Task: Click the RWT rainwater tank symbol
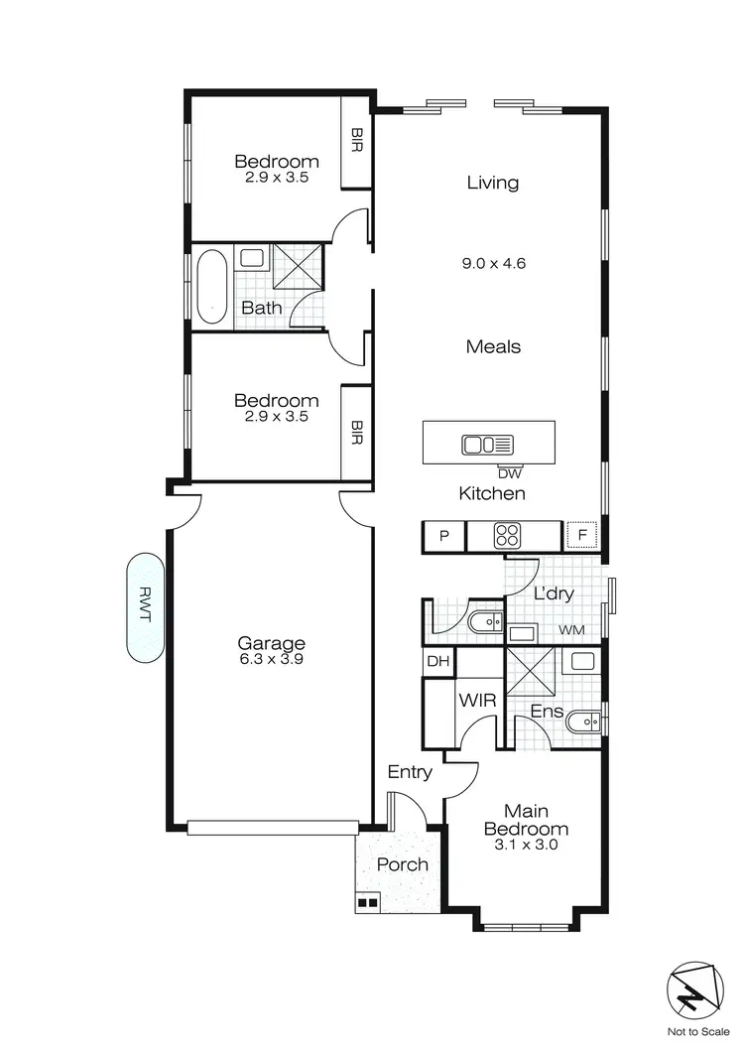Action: tap(144, 607)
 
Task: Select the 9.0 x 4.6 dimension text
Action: tap(493, 264)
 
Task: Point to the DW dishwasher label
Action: tap(509, 473)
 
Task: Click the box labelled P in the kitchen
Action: tap(444, 537)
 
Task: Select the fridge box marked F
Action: tap(582, 537)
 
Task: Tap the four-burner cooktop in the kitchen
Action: tap(508, 536)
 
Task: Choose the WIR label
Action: tap(470, 700)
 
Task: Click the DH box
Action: tap(437, 662)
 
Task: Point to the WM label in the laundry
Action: tap(571, 630)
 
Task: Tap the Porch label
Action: tap(403, 864)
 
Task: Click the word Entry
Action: tap(410, 772)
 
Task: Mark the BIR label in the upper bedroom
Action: tap(356, 142)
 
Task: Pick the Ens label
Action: tap(548, 711)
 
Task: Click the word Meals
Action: tap(493, 346)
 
